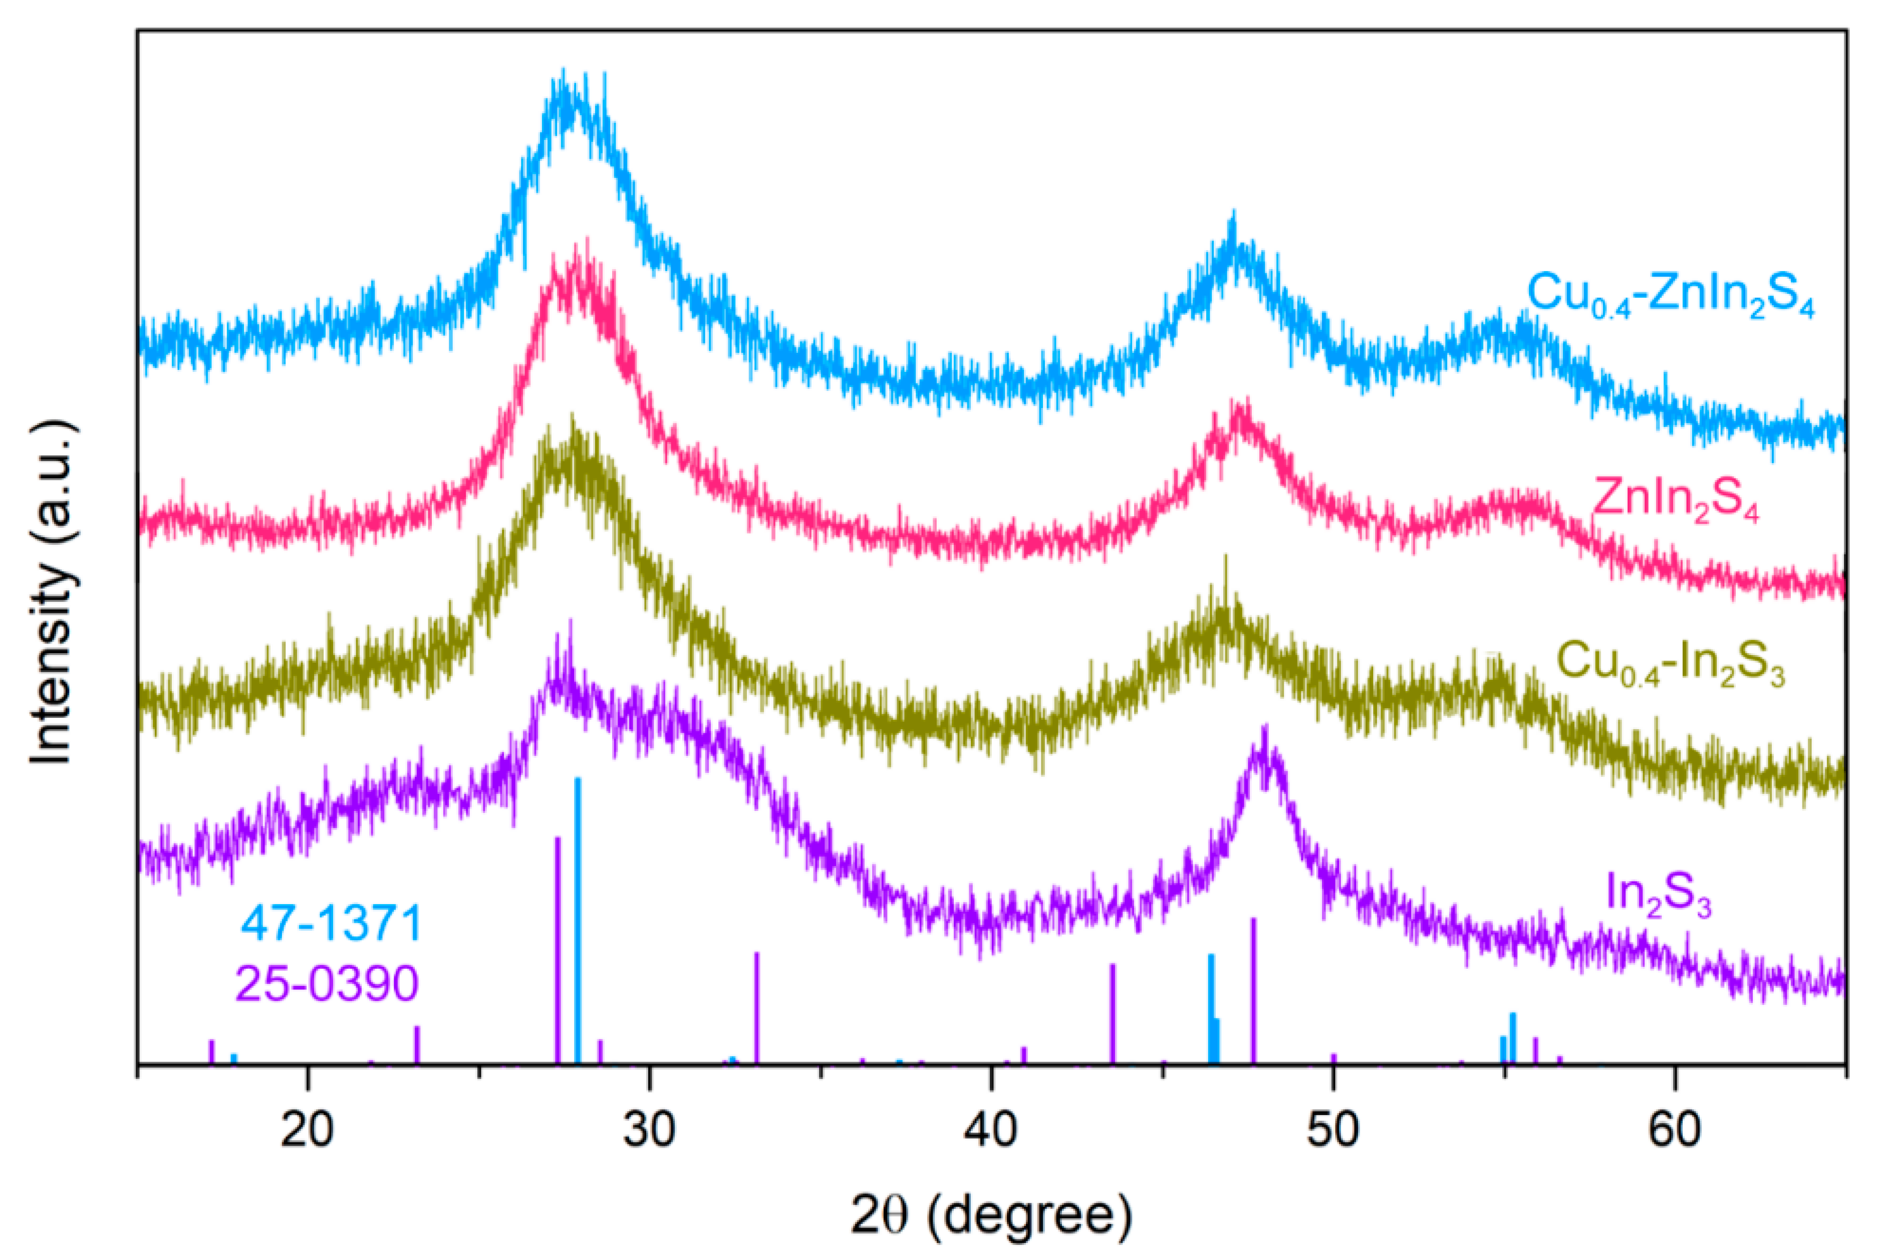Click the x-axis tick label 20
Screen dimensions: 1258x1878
(307, 1130)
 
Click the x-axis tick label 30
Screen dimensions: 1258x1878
(650, 1130)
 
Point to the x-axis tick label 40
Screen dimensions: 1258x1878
(992, 1130)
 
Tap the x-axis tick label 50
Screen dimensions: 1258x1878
(1332, 1130)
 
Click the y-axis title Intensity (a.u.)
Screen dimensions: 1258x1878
(55, 591)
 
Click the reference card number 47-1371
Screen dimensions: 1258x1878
(331, 923)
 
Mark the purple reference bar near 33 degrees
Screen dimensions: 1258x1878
(757, 1007)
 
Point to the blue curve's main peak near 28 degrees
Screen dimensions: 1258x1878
(566, 100)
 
